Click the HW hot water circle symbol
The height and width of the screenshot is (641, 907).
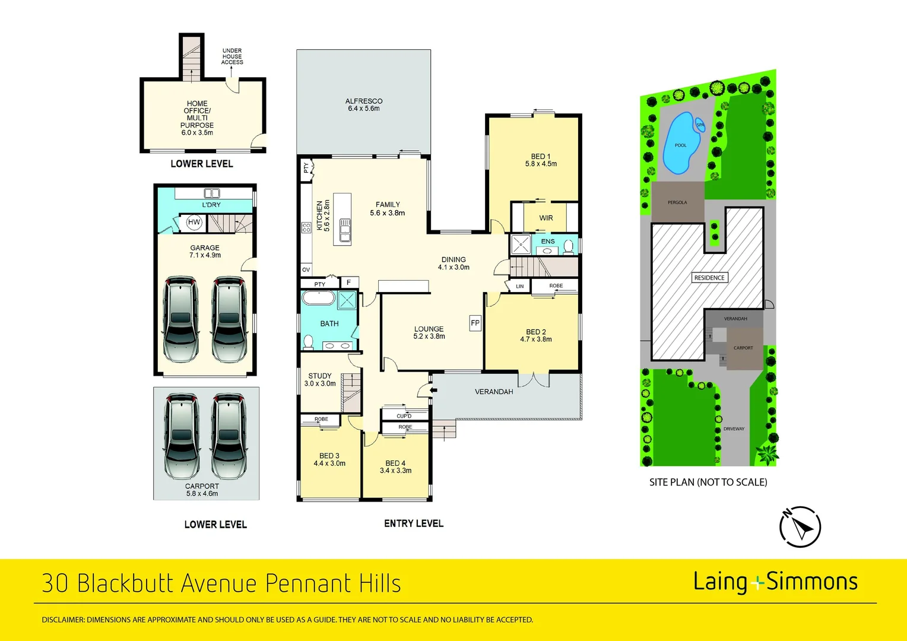(194, 222)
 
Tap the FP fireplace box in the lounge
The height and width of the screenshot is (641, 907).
(475, 323)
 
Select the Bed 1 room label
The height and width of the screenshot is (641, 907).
(541, 160)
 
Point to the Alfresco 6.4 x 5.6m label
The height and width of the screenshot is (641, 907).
(364, 105)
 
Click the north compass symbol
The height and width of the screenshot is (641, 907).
(800, 526)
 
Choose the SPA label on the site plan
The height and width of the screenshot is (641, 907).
(700, 125)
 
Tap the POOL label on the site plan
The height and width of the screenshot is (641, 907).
(681, 145)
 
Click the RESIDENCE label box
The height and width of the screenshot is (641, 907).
(709, 278)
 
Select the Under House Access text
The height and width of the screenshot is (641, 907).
(232, 57)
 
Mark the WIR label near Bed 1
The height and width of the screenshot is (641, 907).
(546, 218)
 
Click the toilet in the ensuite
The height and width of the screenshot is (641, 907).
(569, 246)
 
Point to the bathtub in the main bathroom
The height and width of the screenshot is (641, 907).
(318, 299)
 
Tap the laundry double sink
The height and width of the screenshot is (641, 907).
(211, 193)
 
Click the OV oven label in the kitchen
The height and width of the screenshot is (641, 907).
(306, 269)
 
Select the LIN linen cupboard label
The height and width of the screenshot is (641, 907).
(520, 286)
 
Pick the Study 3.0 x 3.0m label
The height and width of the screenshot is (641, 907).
(320, 380)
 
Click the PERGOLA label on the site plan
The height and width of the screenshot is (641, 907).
(677, 202)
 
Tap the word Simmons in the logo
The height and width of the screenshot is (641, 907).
(812, 582)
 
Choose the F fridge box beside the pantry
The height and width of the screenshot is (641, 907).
(350, 283)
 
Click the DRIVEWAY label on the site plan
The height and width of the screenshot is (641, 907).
(734, 429)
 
